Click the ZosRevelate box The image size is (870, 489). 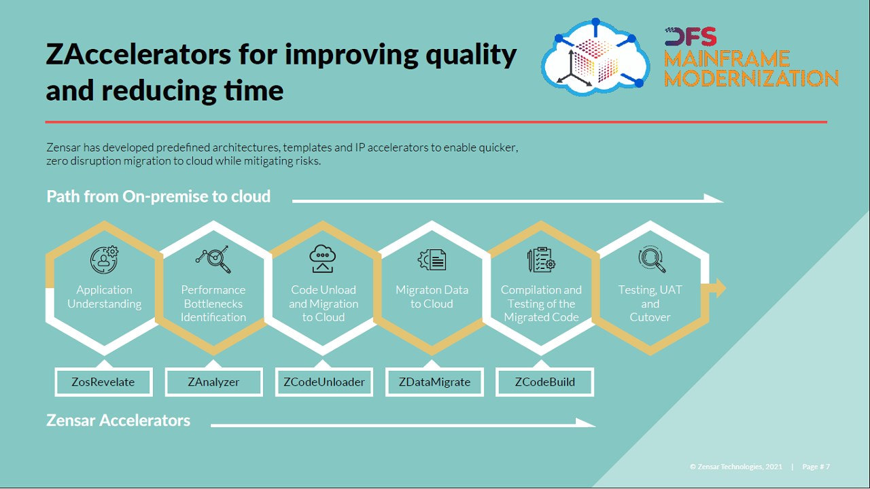coord(104,382)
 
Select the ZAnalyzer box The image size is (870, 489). coord(213,382)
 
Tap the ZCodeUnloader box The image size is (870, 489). coord(324,382)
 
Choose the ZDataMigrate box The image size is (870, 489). coord(434,382)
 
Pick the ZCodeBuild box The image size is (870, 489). coord(544,382)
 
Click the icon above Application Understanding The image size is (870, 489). coord(104,259)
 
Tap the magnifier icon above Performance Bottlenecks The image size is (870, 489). coord(213,259)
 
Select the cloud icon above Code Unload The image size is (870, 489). coord(322,259)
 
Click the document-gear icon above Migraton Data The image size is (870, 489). coord(432,259)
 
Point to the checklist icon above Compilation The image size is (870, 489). coord(541,259)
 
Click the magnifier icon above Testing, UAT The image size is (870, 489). coord(652,259)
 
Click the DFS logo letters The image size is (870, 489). coord(691,37)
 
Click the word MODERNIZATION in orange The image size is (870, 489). coord(751,78)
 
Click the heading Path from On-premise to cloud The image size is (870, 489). coord(158,196)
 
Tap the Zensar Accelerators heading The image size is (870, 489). coord(118,420)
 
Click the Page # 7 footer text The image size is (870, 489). coord(816,467)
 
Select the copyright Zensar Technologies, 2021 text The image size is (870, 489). coord(736,467)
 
